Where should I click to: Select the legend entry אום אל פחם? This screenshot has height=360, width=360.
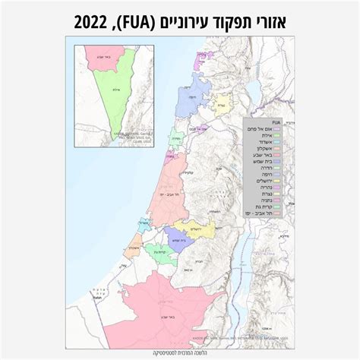coord(269,129)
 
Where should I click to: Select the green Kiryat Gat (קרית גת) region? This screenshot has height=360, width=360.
coord(157,253)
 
